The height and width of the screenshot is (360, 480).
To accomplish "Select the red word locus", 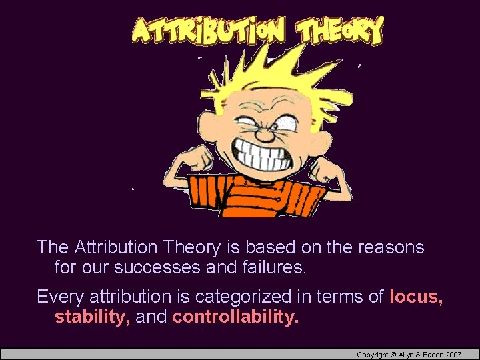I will (417, 296).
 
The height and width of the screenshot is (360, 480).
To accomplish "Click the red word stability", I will (92, 317).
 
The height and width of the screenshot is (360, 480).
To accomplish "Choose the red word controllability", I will (235, 317).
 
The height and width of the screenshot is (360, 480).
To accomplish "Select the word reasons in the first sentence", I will (391, 247).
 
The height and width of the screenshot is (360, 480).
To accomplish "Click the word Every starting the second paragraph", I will (60, 296).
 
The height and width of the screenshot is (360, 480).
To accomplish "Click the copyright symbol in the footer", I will (393, 355).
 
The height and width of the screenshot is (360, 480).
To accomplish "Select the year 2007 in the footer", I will (453, 355).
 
